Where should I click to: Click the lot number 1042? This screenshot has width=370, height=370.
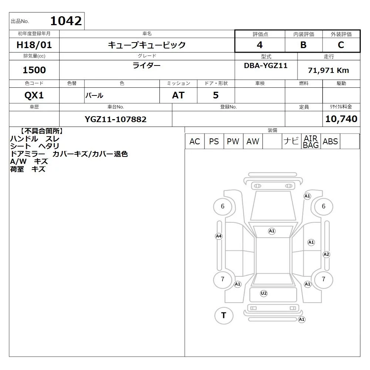[66, 21]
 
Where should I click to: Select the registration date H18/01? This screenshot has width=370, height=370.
[34, 45]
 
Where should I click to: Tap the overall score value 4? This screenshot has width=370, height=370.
[260, 45]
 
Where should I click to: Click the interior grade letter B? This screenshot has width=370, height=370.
[303, 45]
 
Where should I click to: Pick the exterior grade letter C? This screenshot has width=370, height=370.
[341, 45]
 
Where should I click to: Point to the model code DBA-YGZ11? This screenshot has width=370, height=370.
[266, 65]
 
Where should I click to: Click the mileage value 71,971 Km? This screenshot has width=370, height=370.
[329, 70]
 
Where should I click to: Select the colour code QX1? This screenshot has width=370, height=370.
[34, 95]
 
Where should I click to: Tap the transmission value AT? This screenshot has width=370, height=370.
[178, 95]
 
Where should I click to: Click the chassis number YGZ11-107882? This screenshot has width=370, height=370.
[115, 119]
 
